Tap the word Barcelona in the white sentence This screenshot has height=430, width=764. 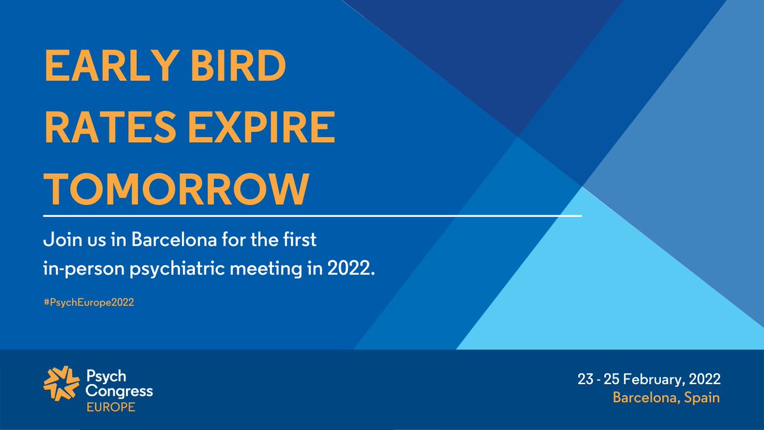tap(162, 242)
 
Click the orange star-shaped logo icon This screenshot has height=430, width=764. tap(61, 385)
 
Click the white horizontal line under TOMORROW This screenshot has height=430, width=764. tap(312, 216)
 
